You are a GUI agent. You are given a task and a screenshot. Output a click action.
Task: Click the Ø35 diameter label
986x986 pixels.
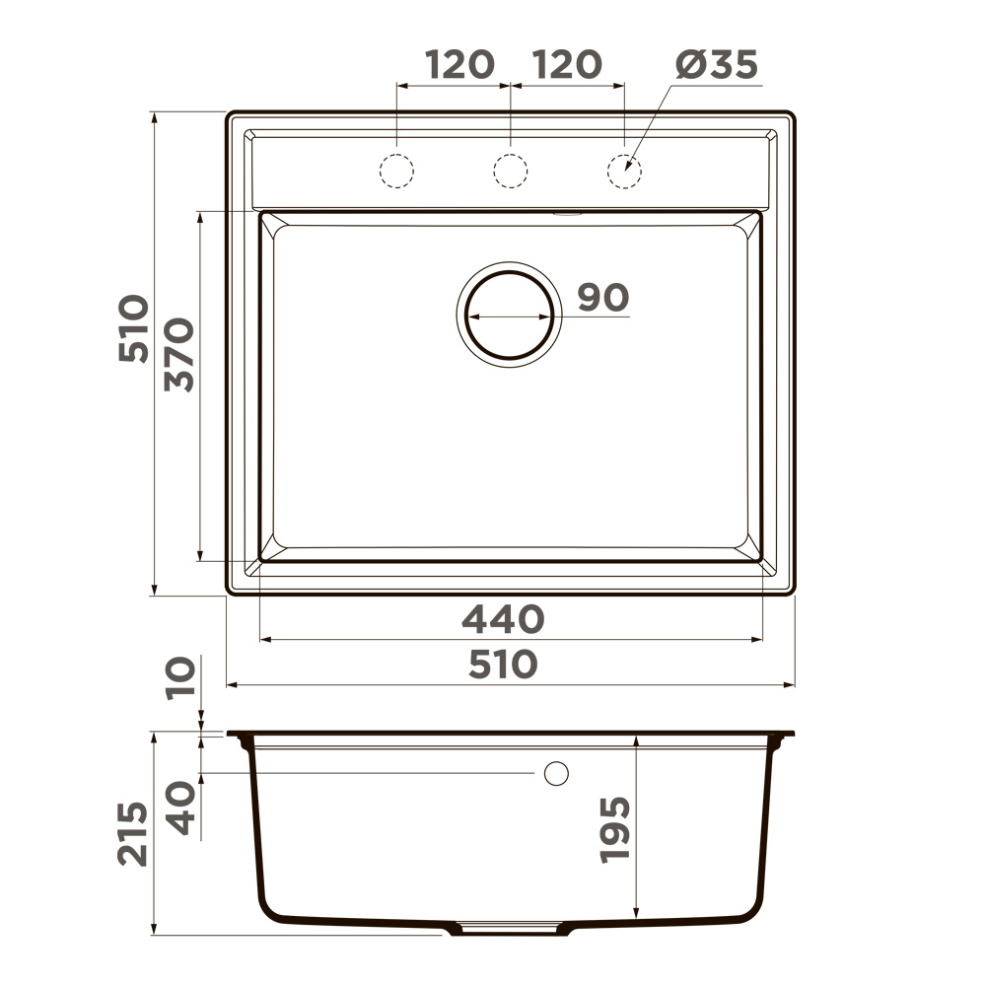[717, 65]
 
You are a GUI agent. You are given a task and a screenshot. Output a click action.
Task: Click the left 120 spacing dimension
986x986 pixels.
[459, 65]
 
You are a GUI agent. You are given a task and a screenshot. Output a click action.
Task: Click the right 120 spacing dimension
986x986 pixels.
[567, 65]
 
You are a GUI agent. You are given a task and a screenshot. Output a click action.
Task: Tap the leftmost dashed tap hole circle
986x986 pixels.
[396, 171]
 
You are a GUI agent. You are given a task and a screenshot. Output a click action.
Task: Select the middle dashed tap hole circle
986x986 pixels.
[510, 171]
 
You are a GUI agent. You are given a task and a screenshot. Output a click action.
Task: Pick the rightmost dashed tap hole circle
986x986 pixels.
[624, 171]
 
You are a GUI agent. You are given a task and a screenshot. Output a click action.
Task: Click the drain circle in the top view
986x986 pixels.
[509, 315]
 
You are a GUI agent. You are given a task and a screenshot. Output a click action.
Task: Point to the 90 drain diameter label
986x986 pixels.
[602, 297]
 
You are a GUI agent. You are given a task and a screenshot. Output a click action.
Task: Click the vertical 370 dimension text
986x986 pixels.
[181, 355]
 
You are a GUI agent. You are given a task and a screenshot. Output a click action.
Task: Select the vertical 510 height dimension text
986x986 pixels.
[134, 328]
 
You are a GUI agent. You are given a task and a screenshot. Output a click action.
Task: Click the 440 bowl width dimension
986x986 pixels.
[503, 620]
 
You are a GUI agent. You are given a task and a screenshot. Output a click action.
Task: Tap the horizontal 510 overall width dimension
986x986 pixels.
[503, 665]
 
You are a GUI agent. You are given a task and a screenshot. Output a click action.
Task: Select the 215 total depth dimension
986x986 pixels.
[134, 834]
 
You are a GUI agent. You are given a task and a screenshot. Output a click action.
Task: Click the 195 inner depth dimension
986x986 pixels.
[615, 830]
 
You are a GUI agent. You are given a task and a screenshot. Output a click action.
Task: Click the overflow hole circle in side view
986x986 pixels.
[556, 774]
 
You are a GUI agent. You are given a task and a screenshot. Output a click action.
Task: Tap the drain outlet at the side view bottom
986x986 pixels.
[510, 929]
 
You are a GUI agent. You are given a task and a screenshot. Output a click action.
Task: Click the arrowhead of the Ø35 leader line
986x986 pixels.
[628, 169]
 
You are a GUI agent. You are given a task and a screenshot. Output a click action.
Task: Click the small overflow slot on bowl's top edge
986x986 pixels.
[568, 211]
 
